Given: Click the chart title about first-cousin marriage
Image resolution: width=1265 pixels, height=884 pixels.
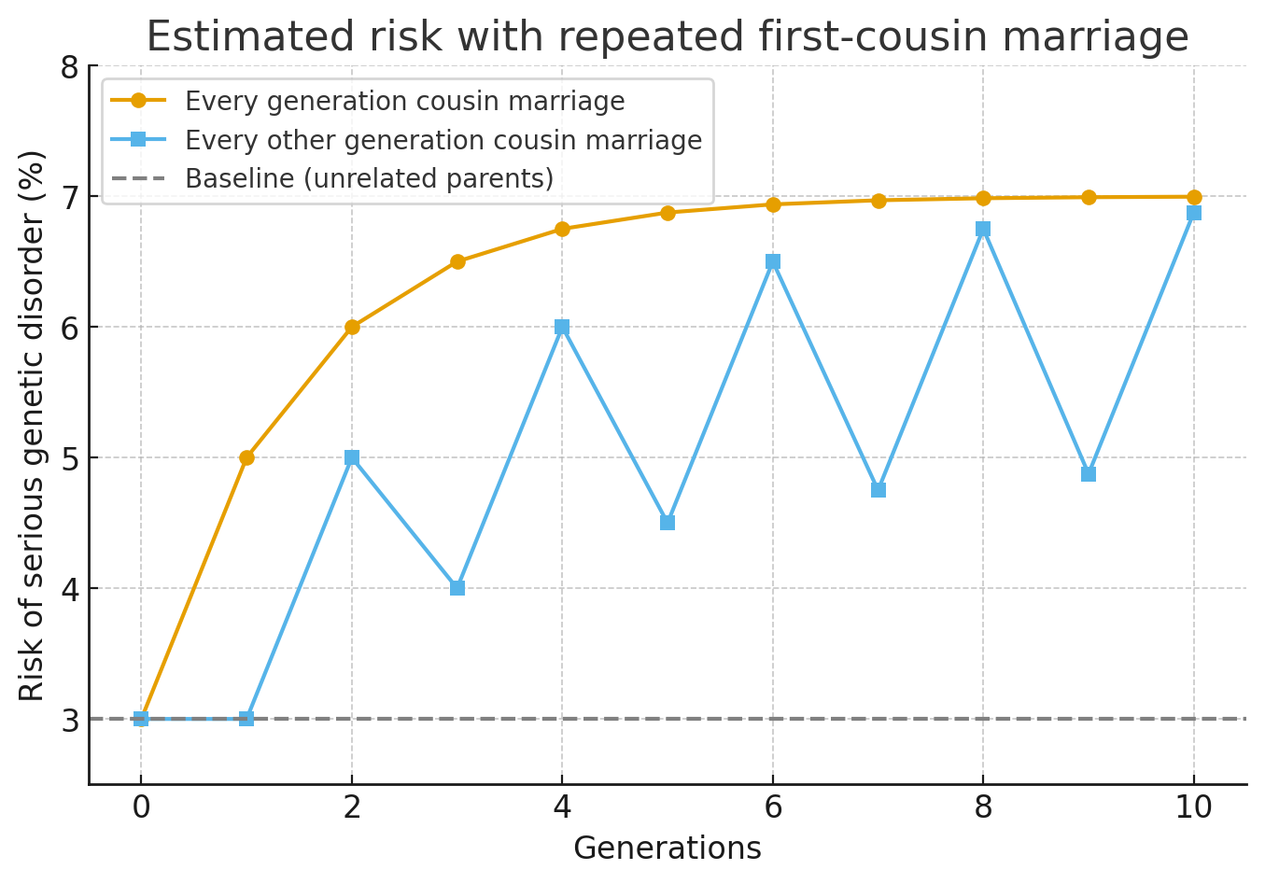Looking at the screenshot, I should pyautogui.click(x=667, y=37).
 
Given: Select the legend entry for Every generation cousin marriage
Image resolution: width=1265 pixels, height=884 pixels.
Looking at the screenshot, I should pyautogui.click(x=404, y=101).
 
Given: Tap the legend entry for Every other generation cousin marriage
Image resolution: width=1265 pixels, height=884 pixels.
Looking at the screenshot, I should pyautogui.click(x=443, y=140).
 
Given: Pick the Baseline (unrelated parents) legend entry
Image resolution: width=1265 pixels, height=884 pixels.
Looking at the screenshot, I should pyautogui.click(x=369, y=178).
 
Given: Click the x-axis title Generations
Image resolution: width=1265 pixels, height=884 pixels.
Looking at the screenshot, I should pyautogui.click(x=667, y=848).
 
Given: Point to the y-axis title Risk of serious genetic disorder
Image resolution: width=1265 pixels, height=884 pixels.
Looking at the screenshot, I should pyautogui.click(x=33, y=425).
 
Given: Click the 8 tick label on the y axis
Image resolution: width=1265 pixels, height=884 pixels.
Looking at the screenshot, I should pyautogui.click(x=69, y=67).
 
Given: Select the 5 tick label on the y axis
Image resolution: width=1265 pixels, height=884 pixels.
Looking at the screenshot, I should pyautogui.click(x=69, y=458).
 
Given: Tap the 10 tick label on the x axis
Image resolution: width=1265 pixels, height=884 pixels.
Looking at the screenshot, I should pyautogui.click(x=1193, y=807).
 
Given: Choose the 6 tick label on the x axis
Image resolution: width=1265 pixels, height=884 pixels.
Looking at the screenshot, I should pyautogui.click(x=773, y=807).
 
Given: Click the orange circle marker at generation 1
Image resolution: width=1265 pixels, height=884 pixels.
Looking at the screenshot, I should pyautogui.click(x=246, y=457).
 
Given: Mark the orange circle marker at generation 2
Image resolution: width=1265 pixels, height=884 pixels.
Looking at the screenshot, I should pyautogui.click(x=352, y=327).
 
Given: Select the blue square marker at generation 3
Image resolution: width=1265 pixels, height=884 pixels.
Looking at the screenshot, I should pyautogui.click(x=457, y=588).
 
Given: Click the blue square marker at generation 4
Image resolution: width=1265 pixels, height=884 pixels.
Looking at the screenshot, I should pyautogui.click(x=562, y=327).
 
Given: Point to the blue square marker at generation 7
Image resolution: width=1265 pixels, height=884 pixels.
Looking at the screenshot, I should pyautogui.click(x=878, y=490).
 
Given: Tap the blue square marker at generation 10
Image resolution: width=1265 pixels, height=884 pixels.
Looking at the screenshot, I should pyautogui.click(x=1194, y=213).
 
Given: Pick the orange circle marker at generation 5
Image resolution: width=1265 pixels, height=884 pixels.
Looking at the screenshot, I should pyautogui.click(x=668, y=213).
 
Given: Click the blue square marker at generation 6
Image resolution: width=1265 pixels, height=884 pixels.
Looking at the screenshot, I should pyautogui.click(x=773, y=261).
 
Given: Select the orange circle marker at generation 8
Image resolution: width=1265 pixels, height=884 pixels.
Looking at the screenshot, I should pyautogui.click(x=983, y=198).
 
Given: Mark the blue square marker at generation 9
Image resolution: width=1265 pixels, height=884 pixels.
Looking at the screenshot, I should pyautogui.click(x=1089, y=474).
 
